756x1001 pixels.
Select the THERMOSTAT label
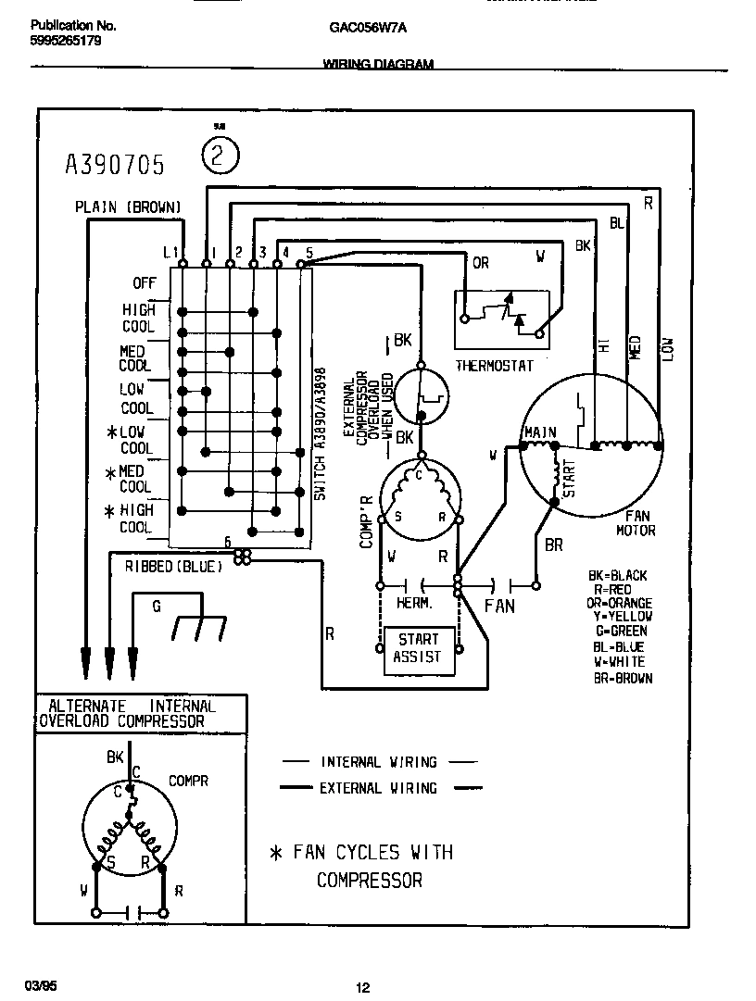(x=494, y=366)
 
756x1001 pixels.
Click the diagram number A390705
(x=115, y=165)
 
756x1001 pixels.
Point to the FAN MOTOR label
(x=636, y=524)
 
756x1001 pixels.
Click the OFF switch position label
(x=144, y=283)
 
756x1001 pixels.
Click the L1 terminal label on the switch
(x=170, y=252)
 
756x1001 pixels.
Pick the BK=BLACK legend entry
(x=617, y=576)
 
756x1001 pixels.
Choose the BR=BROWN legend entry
(x=622, y=678)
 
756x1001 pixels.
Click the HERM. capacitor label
(x=414, y=603)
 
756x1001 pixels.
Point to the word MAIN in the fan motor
(x=539, y=432)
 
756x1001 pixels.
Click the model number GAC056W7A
(x=368, y=28)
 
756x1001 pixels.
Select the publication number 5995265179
(x=67, y=42)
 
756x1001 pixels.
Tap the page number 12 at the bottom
(x=363, y=988)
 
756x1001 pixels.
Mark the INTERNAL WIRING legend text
(x=378, y=762)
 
